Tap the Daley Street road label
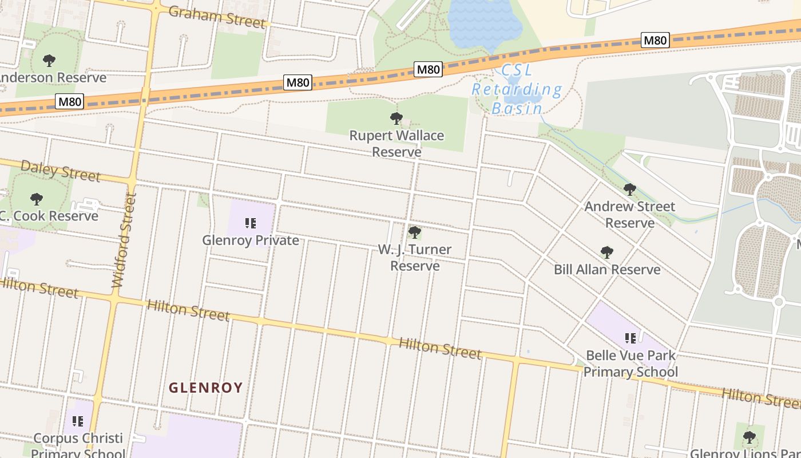point(60,170)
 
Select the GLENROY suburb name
point(206,388)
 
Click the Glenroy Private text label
point(251,240)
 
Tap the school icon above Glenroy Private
point(250,223)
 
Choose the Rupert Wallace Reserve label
point(396,144)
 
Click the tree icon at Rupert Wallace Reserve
point(396,119)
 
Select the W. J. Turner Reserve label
point(415,258)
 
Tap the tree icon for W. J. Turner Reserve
point(414,232)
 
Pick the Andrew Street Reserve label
point(629,214)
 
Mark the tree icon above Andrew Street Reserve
point(629,189)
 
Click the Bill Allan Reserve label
point(607,269)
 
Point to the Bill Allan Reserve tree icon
point(607,252)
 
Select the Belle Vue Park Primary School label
point(630,364)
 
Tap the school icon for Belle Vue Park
point(630,338)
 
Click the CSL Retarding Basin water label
point(517,89)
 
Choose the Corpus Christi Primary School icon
point(78,421)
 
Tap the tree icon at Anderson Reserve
point(49,60)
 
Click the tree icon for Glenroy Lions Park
point(749,437)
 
